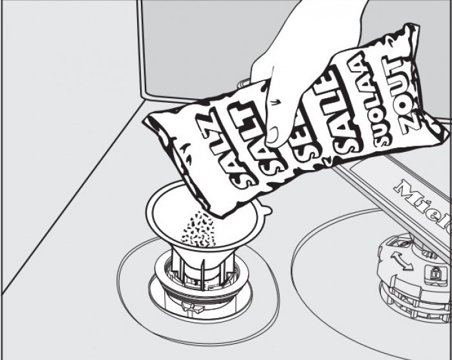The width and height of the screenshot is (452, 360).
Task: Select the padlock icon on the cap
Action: pos(433,271)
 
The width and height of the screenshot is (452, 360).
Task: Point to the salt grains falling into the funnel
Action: pos(197,229)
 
